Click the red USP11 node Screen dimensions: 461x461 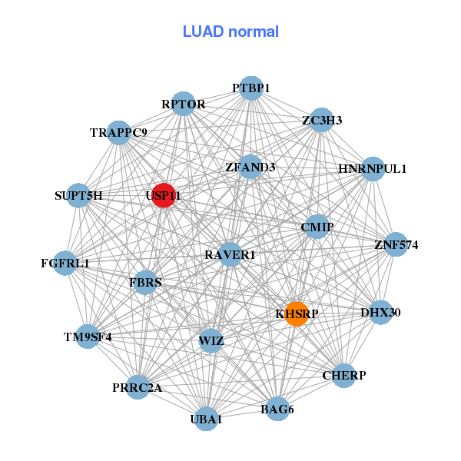163,195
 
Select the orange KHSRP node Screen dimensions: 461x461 297,313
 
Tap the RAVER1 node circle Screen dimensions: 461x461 230,254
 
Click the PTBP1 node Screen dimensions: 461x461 251,88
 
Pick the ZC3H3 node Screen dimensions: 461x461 322,120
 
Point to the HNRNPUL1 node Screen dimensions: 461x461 372,168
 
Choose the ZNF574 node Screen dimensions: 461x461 396,245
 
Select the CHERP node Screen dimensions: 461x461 344,375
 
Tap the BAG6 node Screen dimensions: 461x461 277,409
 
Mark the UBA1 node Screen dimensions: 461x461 206,419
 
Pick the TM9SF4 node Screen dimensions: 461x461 88,336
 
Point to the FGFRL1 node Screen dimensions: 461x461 65,263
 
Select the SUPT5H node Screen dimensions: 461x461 78,195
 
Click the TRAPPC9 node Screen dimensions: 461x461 118,132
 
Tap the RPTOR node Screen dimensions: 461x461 183,104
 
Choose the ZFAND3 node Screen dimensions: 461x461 250,166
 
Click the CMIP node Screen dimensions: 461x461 317,227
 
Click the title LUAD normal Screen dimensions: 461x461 230,32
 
